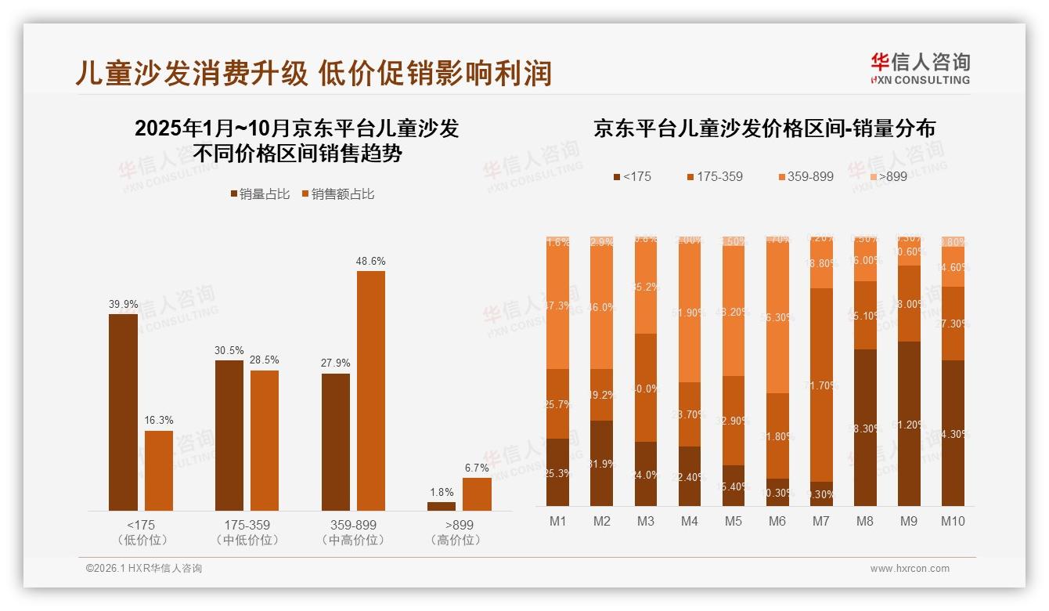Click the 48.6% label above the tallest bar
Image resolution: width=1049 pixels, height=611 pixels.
click(x=371, y=261)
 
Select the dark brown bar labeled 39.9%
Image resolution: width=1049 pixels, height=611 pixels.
click(x=123, y=412)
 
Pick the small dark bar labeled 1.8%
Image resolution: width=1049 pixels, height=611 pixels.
click(x=442, y=506)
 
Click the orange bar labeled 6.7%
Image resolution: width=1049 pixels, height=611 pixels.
click(x=477, y=493)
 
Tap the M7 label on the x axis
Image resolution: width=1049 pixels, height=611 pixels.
click(x=821, y=521)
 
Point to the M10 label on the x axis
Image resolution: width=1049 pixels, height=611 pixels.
click(x=953, y=521)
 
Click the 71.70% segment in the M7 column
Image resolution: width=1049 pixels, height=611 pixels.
click(x=821, y=385)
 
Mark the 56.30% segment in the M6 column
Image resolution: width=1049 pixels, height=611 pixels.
click(x=777, y=317)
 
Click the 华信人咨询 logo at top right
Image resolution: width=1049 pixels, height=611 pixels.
click(x=920, y=68)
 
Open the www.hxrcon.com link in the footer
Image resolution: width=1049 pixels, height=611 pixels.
click(x=910, y=569)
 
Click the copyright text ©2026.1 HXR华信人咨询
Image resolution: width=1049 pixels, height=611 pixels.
click(x=144, y=569)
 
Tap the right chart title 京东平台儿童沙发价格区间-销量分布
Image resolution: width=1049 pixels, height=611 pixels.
click(x=764, y=128)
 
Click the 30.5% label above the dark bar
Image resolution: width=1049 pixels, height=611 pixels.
click(x=229, y=350)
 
